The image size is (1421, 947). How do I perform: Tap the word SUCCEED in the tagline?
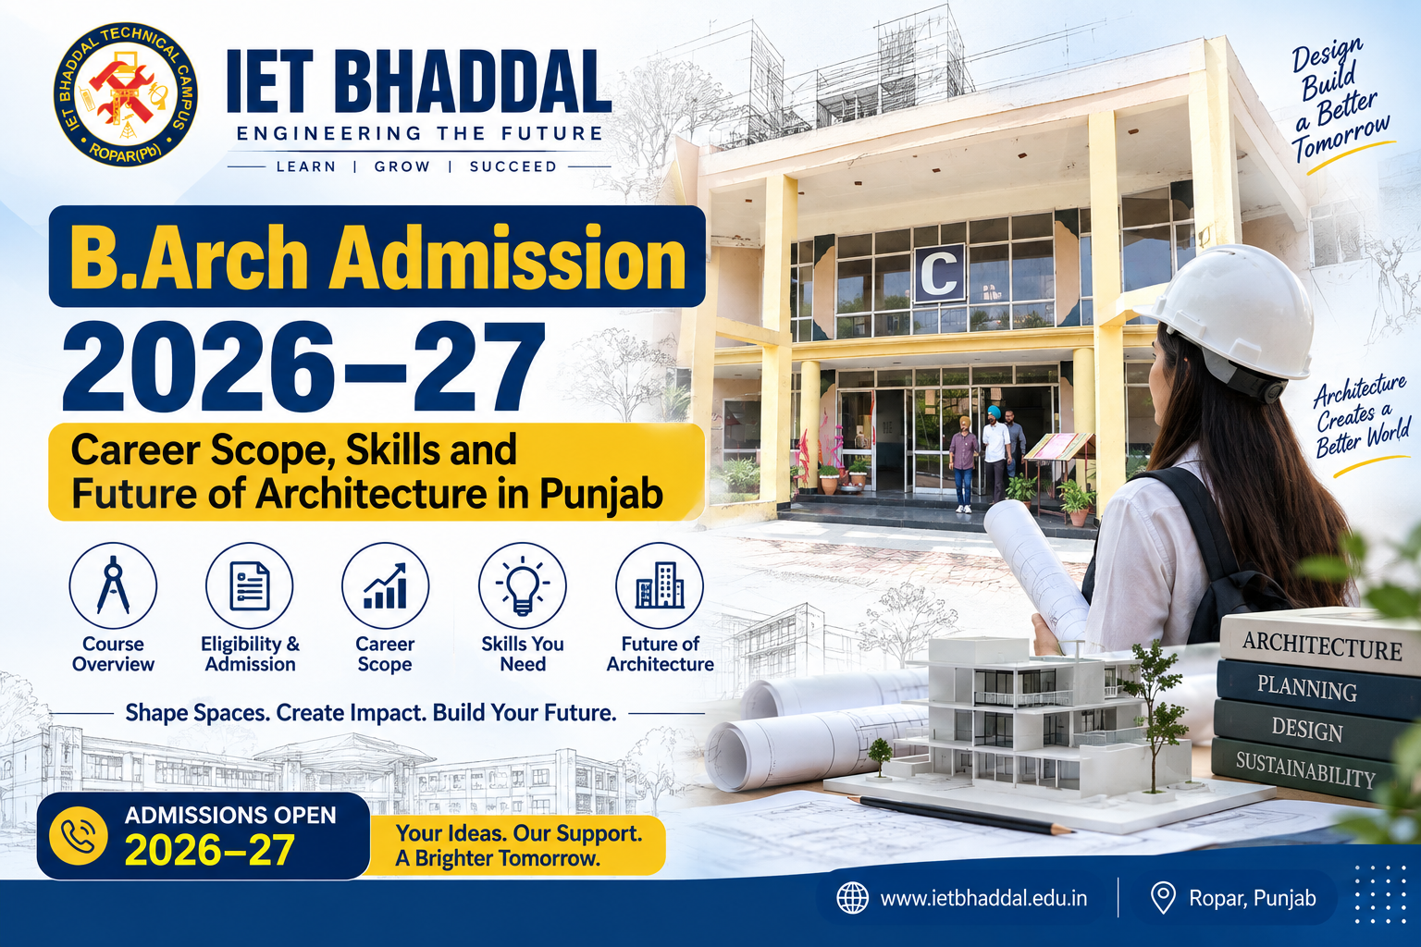click(513, 166)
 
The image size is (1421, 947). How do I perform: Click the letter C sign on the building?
click(939, 274)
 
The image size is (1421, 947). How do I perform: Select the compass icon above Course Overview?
click(113, 585)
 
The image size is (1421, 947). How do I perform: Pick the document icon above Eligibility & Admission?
click(249, 585)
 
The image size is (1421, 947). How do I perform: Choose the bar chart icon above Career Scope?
click(385, 585)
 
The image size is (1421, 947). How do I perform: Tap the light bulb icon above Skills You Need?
click(522, 585)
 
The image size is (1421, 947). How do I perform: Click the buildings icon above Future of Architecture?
click(660, 585)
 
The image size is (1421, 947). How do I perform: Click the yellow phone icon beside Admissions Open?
click(78, 835)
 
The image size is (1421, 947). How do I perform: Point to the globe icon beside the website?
click(853, 898)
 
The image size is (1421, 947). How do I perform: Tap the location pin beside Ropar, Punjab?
click(1163, 899)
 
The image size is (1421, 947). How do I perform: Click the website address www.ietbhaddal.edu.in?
click(984, 898)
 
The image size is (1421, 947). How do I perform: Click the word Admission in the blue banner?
click(507, 258)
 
